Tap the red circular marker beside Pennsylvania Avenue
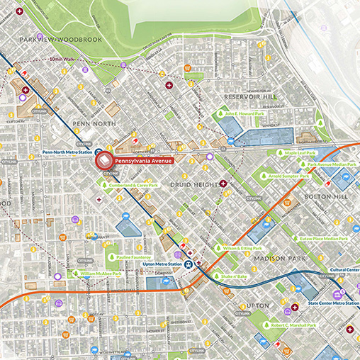tap(105, 161)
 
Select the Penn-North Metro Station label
tap(67, 152)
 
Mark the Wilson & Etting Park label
tap(242, 249)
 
